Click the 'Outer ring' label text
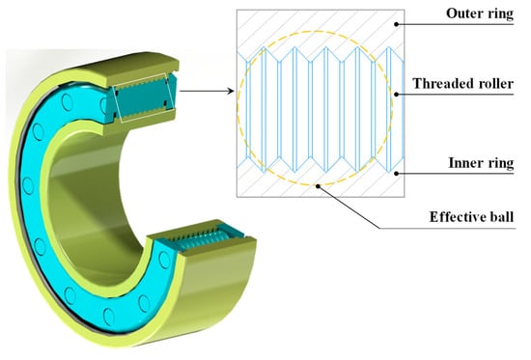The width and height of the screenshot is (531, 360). point(480,14)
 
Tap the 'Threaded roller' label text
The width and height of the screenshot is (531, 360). point(462,84)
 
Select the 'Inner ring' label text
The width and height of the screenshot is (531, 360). point(481,163)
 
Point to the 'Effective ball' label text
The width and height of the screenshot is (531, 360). point(471,217)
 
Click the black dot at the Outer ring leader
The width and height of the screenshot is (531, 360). point(397,24)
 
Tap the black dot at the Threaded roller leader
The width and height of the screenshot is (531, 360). point(397,95)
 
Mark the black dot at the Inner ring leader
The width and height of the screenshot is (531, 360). point(397,174)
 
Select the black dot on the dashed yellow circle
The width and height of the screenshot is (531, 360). point(318,185)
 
